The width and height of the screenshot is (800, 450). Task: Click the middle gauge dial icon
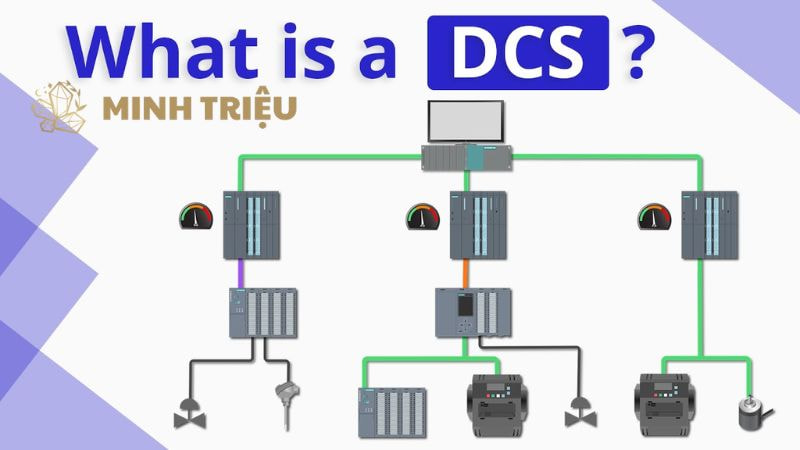424,215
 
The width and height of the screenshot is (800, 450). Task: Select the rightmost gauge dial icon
655,215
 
